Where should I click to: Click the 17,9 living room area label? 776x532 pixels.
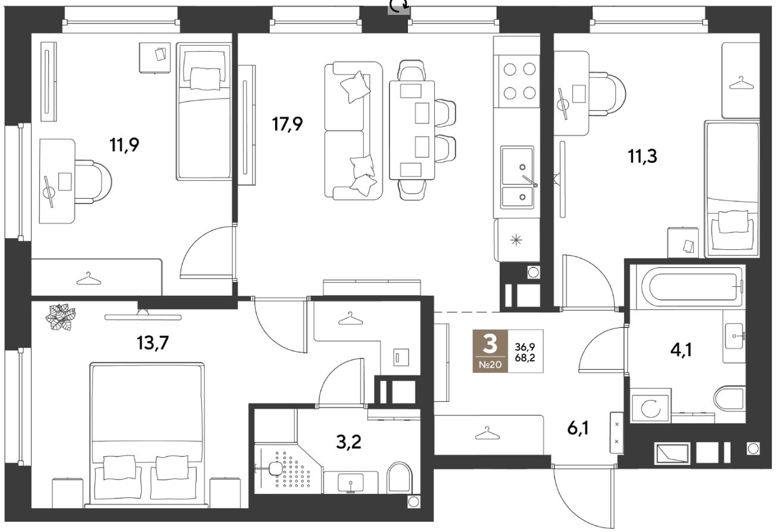pos(287,124)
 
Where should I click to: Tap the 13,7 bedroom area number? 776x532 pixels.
pos(153,343)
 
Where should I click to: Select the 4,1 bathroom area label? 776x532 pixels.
pos(681,351)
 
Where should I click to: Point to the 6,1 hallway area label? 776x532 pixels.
pos(578,428)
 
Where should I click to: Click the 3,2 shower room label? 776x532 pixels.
pos(348,442)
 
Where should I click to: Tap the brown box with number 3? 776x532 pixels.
pos(490,351)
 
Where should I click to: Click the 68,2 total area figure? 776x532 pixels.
pos(525,358)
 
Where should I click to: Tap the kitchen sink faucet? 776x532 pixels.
pos(529,181)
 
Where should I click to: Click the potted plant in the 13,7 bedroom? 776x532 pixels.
pos(61,317)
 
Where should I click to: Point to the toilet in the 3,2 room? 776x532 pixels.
pos(400,478)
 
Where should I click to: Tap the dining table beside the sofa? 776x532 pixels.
pos(412,130)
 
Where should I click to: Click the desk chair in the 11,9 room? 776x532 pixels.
pos(93,181)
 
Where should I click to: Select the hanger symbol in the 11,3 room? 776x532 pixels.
pos(741,83)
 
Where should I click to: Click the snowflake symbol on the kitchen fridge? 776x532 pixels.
pos(516,240)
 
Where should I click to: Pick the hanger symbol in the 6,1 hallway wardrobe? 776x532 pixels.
pos(487,433)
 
